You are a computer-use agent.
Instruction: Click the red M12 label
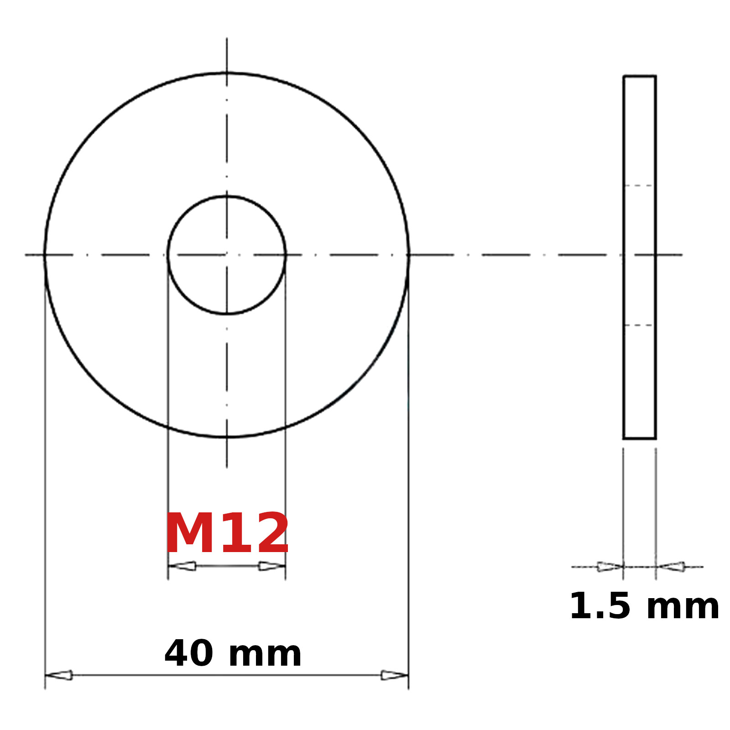pyautogui.click(x=227, y=533)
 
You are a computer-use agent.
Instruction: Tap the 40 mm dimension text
pyautogui.click(x=233, y=653)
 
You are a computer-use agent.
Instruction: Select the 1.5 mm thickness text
pyautogui.click(x=644, y=606)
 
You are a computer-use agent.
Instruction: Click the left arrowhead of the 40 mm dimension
pyautogui.click(x=59, y=675)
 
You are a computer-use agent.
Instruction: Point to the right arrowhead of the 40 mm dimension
pyautogui.click(x=394, y=675)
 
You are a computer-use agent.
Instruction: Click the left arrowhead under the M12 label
pyautogui.click(x=182, y=566)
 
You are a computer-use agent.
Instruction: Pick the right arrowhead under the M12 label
pyautogui.click(x=271, y=566)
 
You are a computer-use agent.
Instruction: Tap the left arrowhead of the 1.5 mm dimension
pyautogui.click(x=610, y=567)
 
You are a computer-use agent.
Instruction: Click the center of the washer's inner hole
pyautogui.click(x=227, y=255)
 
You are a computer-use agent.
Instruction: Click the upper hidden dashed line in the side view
pyautogui.click(x=639, y=186)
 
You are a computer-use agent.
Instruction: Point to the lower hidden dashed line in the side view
pyautogui.click(x=639, y=325)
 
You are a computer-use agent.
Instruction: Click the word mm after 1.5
pyautogui.click(x=683, y=607)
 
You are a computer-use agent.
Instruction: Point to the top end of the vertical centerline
pyautogui.click(x=227, y=39)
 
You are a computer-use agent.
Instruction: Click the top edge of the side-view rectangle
pyautogui.click(x=640, y=76)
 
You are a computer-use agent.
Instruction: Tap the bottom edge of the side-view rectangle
pyautogui.click(x=640, y=438)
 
